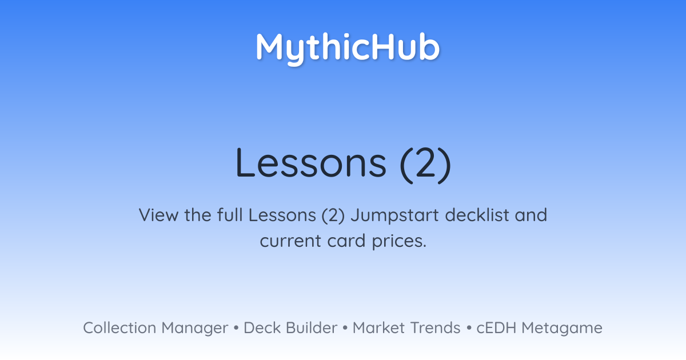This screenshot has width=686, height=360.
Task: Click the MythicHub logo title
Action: point(348,49)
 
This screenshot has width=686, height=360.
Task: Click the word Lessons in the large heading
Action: point(311,163)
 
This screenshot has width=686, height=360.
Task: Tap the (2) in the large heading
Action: point(425,165)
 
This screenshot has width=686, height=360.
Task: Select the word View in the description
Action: point(158,215)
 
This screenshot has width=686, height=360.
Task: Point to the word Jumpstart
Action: point(395,216)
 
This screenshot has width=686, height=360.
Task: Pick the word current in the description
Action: point(290,241)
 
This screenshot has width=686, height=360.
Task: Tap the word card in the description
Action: point(346,241)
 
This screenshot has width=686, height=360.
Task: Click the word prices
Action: point(399,242)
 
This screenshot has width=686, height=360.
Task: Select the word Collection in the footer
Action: point(119,327)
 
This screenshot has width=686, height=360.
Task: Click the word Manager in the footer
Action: point(195,329)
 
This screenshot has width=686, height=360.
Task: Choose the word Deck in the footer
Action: point(262,327)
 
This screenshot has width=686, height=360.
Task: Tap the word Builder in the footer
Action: point(312,327)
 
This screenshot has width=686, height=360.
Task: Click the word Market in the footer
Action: point(379,327)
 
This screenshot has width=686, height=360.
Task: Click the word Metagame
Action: point(562,329)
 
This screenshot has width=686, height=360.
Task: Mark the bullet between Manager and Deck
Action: point(236,328)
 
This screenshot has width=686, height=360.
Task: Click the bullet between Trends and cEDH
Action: point(469,328)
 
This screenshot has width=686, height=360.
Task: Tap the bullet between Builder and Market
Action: point(345,328)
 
